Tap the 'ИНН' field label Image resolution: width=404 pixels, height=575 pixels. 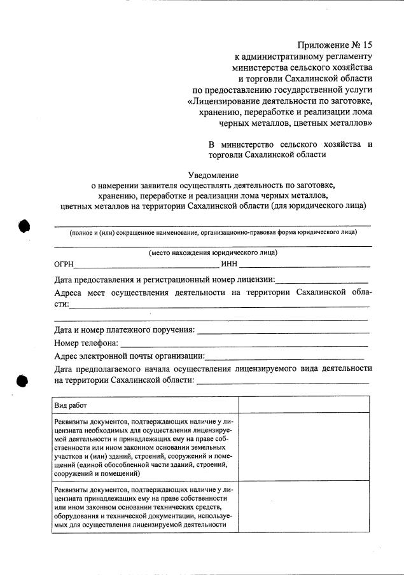click(229, 264)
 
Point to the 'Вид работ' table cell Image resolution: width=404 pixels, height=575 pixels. click(71, 405)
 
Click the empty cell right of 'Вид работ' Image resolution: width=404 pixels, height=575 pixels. click(303, 405)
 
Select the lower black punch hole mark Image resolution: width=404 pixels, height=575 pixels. click(23, 380)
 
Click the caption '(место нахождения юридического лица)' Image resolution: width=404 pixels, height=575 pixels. click(213, 253)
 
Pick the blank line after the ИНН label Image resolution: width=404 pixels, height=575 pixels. click(305, 266)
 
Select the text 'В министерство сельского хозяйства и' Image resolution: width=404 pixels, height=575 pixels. click(290, 144)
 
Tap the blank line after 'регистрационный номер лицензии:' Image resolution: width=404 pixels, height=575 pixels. click(322, 281)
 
